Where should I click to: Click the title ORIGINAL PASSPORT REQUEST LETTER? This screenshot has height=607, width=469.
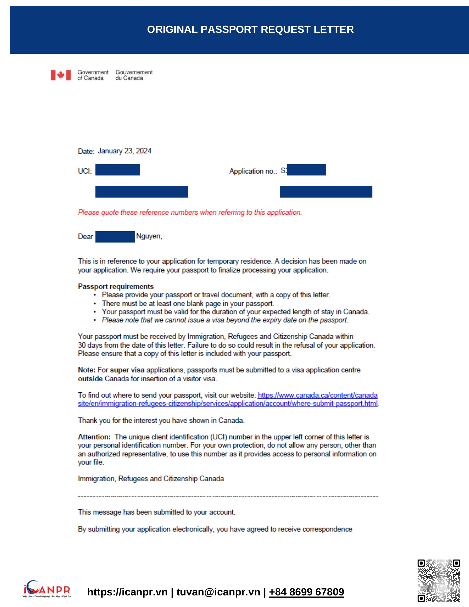click(x=250, y=30)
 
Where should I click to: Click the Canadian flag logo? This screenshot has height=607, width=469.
click(x=61, y=75)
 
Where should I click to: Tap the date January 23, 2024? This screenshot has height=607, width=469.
click(x=124, y=151)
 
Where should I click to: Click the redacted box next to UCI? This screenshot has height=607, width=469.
click(x=118, y=170)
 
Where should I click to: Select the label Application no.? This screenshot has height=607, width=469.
click(x=253, y=171)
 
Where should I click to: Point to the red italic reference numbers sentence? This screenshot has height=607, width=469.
click(x=190, y=212)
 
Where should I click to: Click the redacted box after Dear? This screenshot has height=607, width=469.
click(x=115, y=237)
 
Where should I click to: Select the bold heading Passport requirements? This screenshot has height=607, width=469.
click(x=116, y=286)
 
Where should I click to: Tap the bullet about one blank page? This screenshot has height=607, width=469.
click(x=188, y=303)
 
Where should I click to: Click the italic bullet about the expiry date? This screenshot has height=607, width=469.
click(x=225, y=320)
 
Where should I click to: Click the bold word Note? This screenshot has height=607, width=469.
click(x=86, y=370)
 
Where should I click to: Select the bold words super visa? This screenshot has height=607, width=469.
click(x=127, y=370)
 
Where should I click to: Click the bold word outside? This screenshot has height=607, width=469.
click(x=90, y=379)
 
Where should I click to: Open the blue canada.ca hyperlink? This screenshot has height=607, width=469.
click(x=317, y=395)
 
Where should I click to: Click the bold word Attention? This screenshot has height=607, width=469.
click(x=94, y=437)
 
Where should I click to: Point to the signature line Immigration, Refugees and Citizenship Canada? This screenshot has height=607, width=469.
click(x=151, y=479)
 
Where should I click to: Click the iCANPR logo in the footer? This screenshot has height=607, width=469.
click(x=47, y=589)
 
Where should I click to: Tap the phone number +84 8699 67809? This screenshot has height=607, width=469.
click(x=306, y=592)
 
